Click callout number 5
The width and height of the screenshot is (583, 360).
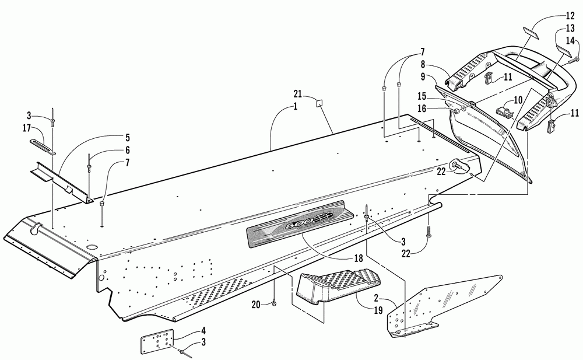coord(127,139)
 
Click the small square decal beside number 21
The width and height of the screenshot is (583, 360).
coord(320,104)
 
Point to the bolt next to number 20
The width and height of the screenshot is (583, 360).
coord(273,303)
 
